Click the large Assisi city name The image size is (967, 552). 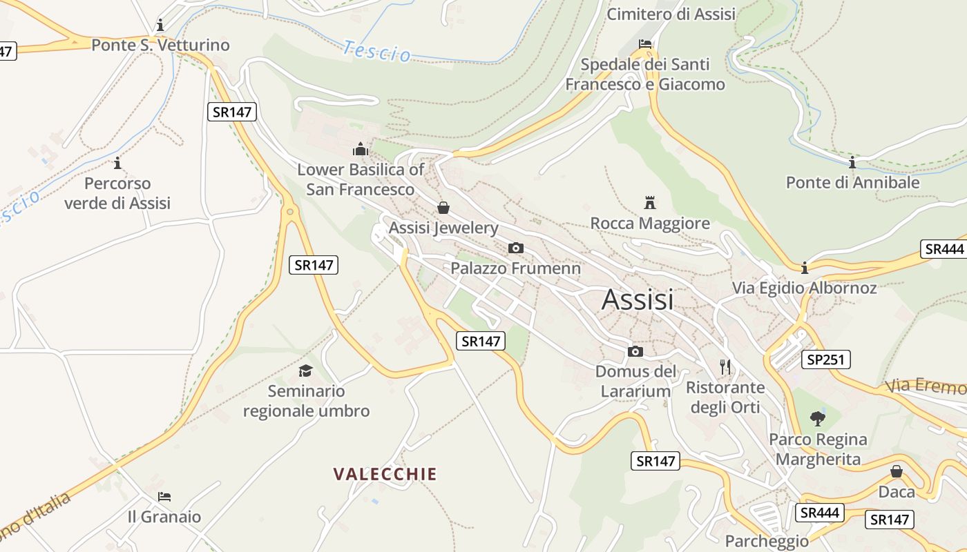coord(638,299)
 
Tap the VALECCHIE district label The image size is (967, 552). coord(385,474)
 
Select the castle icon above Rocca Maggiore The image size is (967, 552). coord(649,202)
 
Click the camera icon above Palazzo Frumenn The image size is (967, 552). coord(515,248)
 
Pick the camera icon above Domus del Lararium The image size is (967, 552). coord(635,352)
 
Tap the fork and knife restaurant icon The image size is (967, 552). coord(725,367)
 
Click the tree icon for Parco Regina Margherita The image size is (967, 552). coord(818,418)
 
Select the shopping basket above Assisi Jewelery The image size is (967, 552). coord(443,208)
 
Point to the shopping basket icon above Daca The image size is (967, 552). coord(897,471)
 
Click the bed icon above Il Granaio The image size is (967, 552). coord(164,496)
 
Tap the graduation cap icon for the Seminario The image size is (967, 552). coord(306,371)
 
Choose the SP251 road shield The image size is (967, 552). coord(826,359)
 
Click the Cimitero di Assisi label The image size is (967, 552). coord(671,14)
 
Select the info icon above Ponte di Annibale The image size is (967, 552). coord(852,163)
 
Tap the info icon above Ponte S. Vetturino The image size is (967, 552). coord(160,26)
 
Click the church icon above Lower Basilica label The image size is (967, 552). coord(361,149)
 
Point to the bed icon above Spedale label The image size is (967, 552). coord(645,44)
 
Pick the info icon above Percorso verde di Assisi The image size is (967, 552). coord(117,164)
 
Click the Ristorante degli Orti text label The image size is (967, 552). coord(725,397)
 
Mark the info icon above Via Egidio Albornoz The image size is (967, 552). coord(805,268)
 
